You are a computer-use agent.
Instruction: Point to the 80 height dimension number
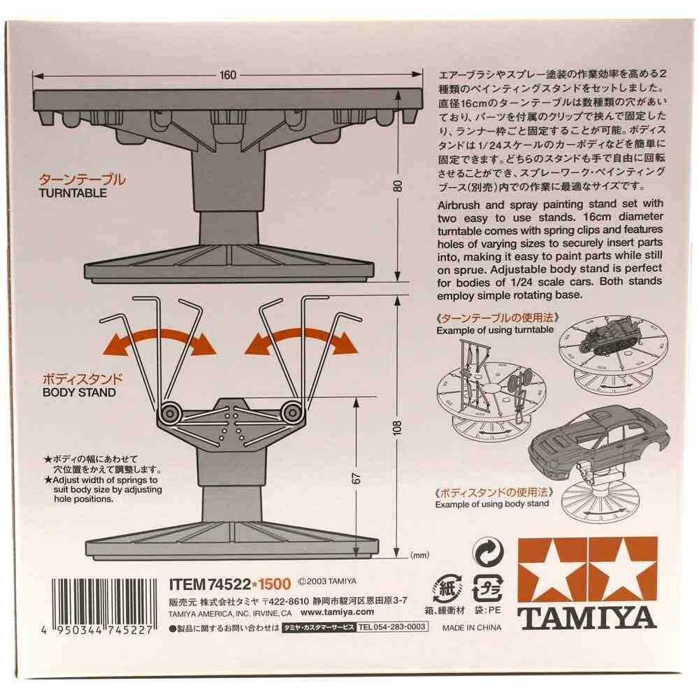coord(397,187)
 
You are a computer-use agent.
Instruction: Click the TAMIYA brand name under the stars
coord(586,619)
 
